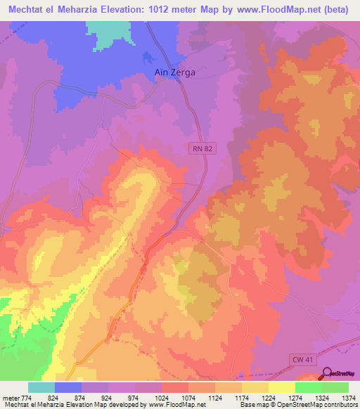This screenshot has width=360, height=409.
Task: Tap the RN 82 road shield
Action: tap(199, 148)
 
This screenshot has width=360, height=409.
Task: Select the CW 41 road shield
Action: tap(300, 359)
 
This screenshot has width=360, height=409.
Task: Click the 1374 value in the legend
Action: tap(349, 398)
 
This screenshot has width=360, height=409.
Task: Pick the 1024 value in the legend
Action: tap(162, 398)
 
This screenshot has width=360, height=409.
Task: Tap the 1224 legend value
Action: tap(269, 398)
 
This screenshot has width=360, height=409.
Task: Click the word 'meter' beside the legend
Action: tap(11, 398)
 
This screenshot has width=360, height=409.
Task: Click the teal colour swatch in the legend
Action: tap(41, 387)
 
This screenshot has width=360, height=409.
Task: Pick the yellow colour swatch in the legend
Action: tap(281, 387)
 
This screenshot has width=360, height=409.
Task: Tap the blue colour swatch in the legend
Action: tap(68, 387)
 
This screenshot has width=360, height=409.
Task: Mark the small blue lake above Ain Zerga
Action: tap(147, 58)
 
